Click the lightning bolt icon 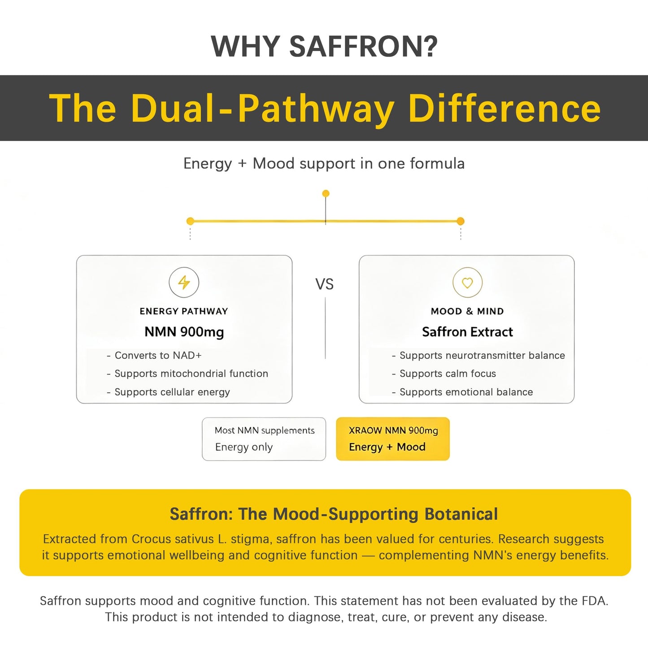pyautogui.click(x=183, y=283)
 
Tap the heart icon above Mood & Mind pyautogui.click(x=467, y=283)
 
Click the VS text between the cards pyautogui.click(x=325, y=284)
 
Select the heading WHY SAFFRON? pyautogui.click(x=324, y=46)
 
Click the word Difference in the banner pyautogui.click(x=504, y=108)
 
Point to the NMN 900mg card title pyautogui.click(x=184, y=332)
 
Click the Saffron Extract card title pyautogui.click(x=467, y=332)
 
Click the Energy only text pyautogui.click(x=244, y=447)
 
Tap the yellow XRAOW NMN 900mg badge pyautogui.click(x=393, y=439)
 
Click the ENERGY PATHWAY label pyautogui.click(x=184, y=311)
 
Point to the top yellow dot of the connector pyautogui.click(x=326, y=194)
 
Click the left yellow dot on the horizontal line pyautogui.click(x=190, y=221)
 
